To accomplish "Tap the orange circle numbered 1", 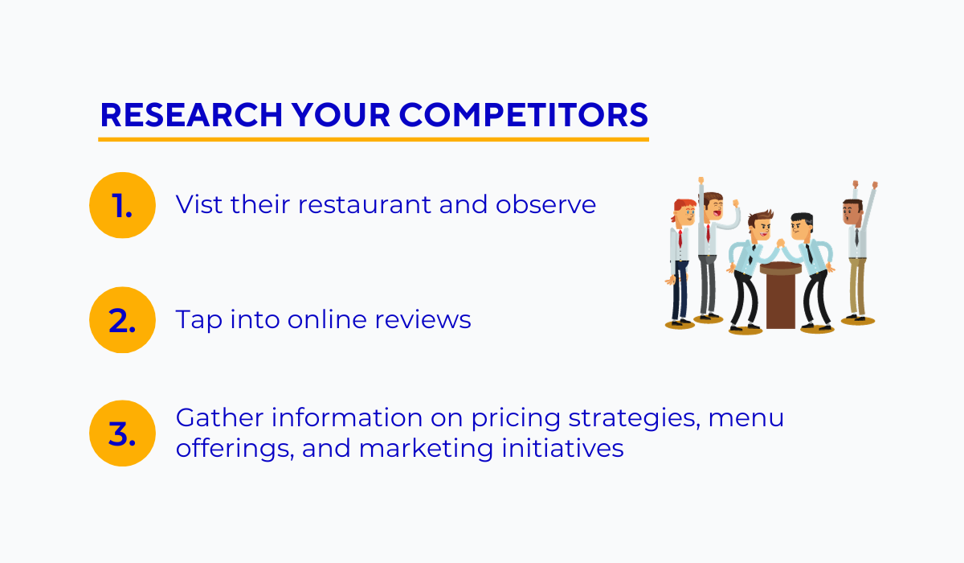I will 121,205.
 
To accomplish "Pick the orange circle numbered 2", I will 121,320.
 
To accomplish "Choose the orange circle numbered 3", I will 121,434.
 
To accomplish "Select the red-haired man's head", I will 683,216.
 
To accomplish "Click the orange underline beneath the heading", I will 374,140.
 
